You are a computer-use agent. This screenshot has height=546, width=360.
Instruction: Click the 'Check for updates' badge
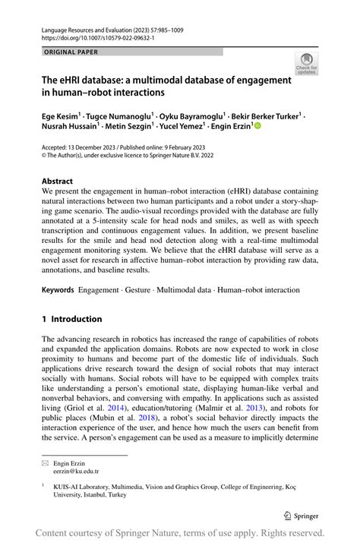pyautogui.click(x=306, y=63)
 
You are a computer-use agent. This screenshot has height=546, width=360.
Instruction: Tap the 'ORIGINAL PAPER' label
pyautogui.click(x=72, y=52)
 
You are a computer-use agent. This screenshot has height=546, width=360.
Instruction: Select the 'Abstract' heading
pyautogui.click(x=57, y=182)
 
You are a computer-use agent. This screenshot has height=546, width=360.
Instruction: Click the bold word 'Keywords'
pyautogui.click(x=58, y=290)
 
